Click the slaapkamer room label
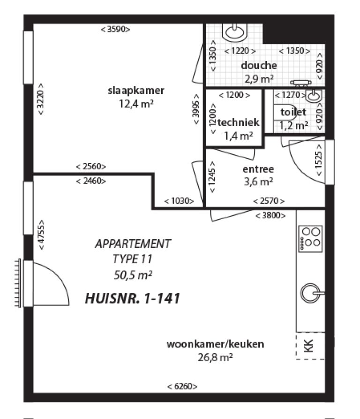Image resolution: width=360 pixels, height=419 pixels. click(x=136, y=91)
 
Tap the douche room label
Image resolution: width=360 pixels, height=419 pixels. click(x=259, y=66)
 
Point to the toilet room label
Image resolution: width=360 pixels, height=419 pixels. click(x=293, y=112)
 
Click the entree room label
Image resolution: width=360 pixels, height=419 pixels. click(x=258, y=169)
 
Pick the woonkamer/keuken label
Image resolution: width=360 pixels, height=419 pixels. click(x=215, y=344)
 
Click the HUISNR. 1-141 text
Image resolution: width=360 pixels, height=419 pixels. click(x=133, y=299)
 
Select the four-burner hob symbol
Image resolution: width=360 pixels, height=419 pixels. click(x=310, y=237)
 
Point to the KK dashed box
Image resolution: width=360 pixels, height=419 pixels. click(x=310, y=346)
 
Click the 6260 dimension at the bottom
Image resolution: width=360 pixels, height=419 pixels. click(x=182, y=387)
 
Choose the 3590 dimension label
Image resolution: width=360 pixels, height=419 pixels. click(x=115, y=29)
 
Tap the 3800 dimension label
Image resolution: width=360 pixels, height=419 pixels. click(x=270, y=216)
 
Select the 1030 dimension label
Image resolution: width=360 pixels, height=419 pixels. click(x=179, y=201)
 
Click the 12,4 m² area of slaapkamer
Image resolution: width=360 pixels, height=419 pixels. click(x=136, y=103)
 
